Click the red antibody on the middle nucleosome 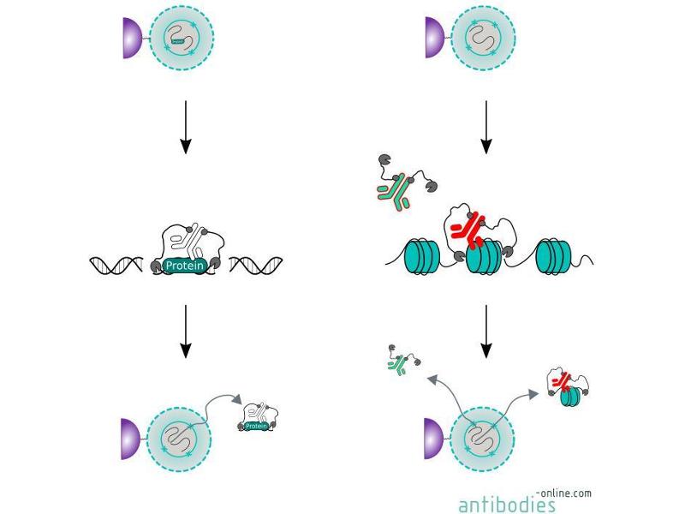pyautogui.click(x=468, y=226)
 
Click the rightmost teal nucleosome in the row pyautogui.click(x=554, y=257)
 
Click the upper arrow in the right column pyautogui.click(x=485, y=127)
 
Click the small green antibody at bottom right pyautogui.click(x=397, y=366)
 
